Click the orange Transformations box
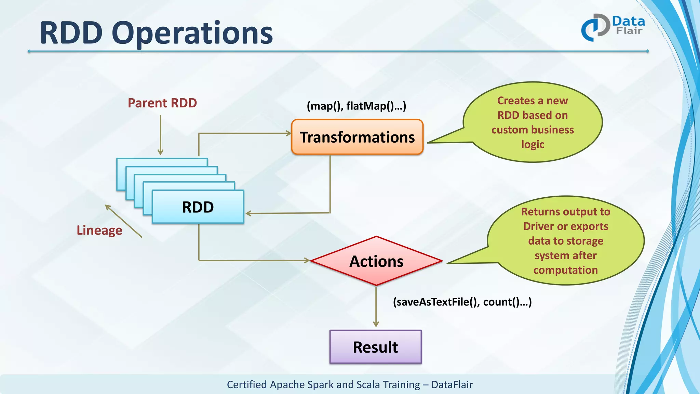click(x=357, y=137)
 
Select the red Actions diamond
click(x=376, y=261)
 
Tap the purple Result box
click(x=375, y=347)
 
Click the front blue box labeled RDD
click(x=198, y=207)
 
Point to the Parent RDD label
click(x=162, y=103)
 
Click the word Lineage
click(x=99, y=230)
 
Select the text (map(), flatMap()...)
click(x=356, y=106)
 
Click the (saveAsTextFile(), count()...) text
click(x=462, y=302)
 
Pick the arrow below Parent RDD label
click(x=160, y=135)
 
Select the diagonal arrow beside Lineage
click(x=123, y=221)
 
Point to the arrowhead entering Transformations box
click(x=288, y=133)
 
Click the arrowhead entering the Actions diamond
click(x=307, y=260)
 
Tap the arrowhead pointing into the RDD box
click(x=248, y=213)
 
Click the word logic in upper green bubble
click(x=533, y=144)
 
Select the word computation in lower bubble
click(x=565, y=270)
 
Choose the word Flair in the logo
click(x=629, y=31)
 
